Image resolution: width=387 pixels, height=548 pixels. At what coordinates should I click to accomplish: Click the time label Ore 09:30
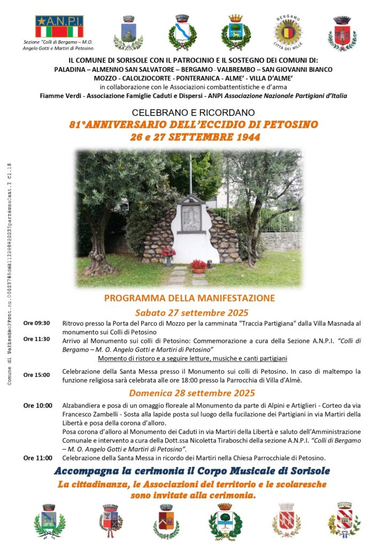(x=36, y=323)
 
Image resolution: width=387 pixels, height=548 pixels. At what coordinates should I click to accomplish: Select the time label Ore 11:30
(x=36, y=339)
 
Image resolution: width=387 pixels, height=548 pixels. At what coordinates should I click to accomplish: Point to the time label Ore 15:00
(x=36, y=375)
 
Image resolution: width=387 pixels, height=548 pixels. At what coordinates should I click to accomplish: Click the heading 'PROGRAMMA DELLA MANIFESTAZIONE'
(x=190, y=298)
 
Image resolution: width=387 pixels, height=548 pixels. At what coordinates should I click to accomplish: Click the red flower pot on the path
(x=198, y=266)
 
